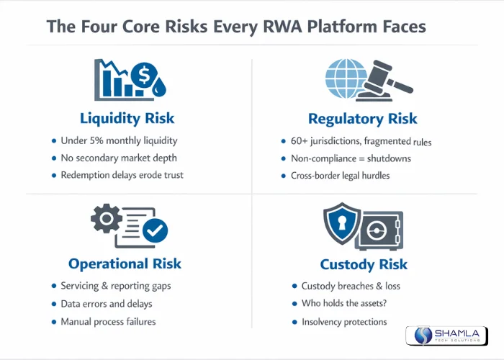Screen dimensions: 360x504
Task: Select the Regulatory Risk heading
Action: pyautogui.click(x=362, y=119)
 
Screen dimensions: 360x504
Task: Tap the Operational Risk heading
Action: pyautogui.click(x=125, y=264)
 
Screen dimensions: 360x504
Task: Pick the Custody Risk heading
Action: pyautogui.click(x=363, y=264)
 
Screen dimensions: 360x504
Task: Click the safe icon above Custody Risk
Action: pyautogui.click(x=381, y=229)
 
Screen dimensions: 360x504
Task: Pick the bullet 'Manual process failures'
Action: pyautogui.click(x=114, y=322)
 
